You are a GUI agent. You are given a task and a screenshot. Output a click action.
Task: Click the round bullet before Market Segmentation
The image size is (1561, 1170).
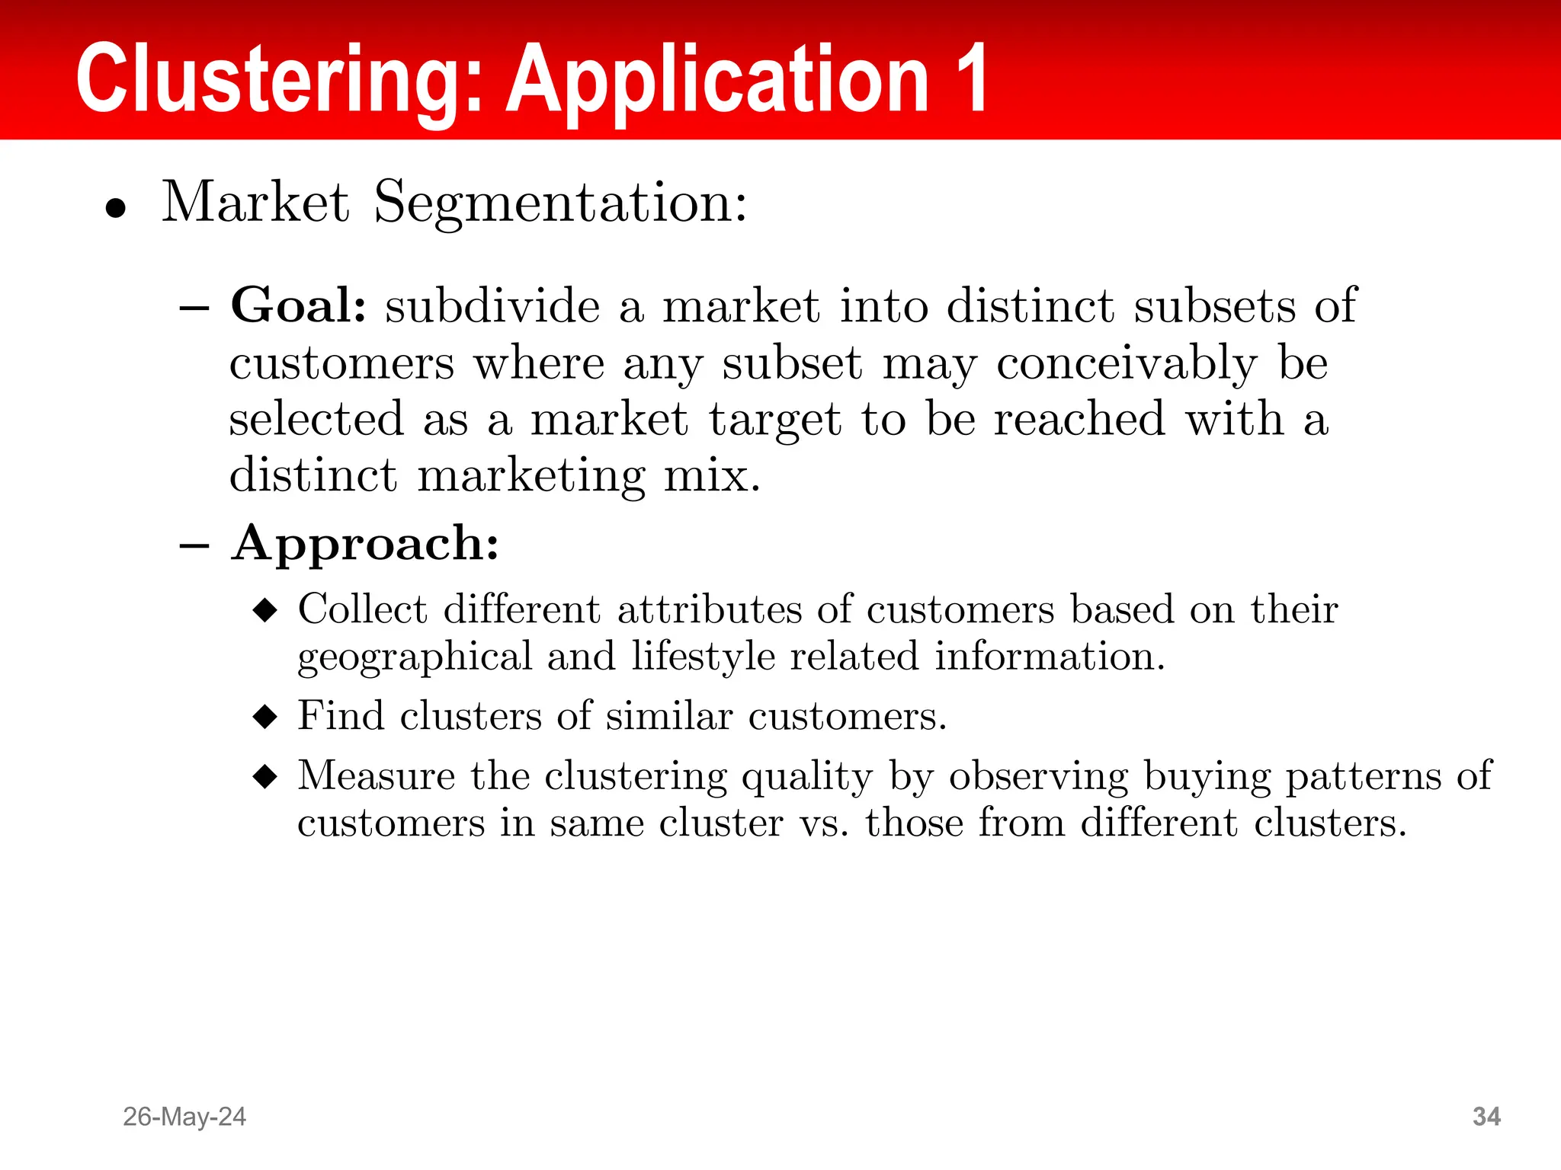[116, 207]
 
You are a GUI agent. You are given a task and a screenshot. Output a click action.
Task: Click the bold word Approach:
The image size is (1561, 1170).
[365, 544]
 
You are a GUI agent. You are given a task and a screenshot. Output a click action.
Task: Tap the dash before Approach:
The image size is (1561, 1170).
[194, 545]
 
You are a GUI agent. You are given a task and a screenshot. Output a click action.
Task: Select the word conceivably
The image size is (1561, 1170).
[1127, 364]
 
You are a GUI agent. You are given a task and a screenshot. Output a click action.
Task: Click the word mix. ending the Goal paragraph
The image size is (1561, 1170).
[712, 477]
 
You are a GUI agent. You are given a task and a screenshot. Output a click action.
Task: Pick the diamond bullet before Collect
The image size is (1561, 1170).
[265, 610]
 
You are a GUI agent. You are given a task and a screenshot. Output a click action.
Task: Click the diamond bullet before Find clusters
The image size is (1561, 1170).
[265, 717]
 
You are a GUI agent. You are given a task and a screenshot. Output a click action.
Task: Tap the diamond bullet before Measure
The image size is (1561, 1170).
[265, 777]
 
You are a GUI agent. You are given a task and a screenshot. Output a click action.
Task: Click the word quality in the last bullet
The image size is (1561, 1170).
[807, 778]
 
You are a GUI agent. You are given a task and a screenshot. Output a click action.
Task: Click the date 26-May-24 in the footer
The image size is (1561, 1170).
[184, 1117]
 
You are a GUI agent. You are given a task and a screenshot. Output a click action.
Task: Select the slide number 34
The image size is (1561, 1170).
[1486, 1117]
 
